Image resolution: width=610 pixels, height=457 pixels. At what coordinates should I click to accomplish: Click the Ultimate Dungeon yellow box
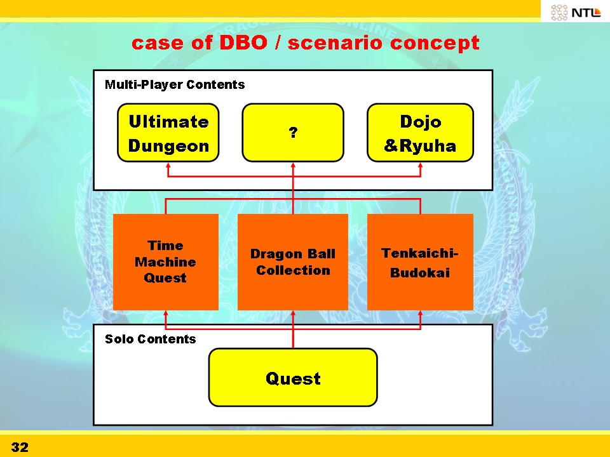[168, 133]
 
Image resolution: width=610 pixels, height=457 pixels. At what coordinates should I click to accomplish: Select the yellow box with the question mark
[293, 133]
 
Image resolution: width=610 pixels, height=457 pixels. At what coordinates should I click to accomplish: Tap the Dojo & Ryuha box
[420, 133]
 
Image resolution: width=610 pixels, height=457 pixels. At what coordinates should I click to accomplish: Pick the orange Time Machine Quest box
[166, 262]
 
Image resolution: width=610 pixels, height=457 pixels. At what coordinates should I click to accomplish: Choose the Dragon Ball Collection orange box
[293, 262]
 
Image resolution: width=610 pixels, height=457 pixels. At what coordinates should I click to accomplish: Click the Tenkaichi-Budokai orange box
[420, 262]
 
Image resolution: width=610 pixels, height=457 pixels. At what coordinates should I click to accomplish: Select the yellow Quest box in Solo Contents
[293, 377]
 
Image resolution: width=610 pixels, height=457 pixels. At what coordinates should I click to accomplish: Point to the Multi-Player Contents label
[175, 84]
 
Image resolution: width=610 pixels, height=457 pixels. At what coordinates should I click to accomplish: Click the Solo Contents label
[150, 339]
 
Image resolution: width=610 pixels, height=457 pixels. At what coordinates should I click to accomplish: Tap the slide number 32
[20, 447]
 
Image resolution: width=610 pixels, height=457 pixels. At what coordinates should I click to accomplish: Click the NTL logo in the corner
[576, 13]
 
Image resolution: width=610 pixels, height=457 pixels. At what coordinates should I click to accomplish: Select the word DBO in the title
[243, 43]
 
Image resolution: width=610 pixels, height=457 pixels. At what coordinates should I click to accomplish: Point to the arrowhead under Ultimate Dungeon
[168, 165]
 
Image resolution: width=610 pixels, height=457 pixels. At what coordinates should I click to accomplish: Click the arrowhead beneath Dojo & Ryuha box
[420, 165]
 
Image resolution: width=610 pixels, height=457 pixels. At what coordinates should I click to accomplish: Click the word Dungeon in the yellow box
[168, 146]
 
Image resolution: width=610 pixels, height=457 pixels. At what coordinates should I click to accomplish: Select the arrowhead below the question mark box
[293, 165]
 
